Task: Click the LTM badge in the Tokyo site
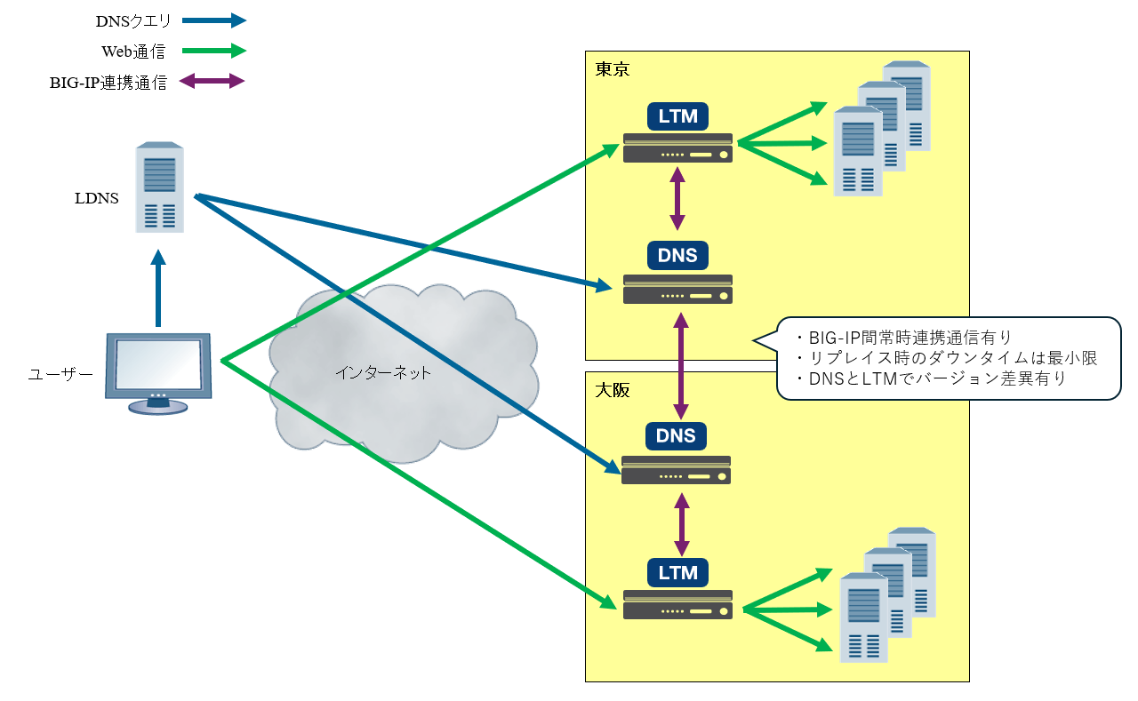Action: (x=677, y=116)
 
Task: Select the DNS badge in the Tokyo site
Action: (x=677, y=256)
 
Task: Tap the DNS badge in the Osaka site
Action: (x=677, y=436)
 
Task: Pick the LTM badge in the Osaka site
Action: (x=677, y=572)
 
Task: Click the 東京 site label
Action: (x=613, y=69)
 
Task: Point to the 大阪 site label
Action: (x=613, y=390)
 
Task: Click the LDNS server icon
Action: (x=160, y=187)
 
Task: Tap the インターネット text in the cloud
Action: (x=383, y=373)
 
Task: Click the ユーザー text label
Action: (x=60, y=375)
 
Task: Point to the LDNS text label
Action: (x=97, y=198)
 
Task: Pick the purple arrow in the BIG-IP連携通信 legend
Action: (x=212, y=82)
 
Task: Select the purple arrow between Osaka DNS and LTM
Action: (x=682, y=524)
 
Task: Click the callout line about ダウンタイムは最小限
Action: (x=948, y=358)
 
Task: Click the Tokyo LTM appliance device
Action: (x=677, y=148)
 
